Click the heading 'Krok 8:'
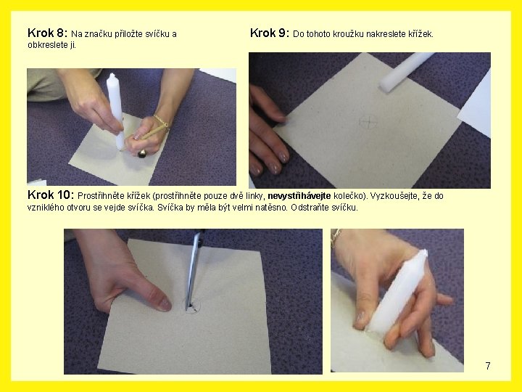click(x=48, y=33)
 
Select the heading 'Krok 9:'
click(x=270, y=33)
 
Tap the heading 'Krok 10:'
click(x=51, y=195)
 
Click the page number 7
click(x=488, y=366)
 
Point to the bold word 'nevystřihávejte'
click(x=299, y=196)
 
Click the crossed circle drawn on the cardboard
click(x=368, y=122)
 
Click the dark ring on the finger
click(x=143, y=154)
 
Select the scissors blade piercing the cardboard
click(x=193, y=271)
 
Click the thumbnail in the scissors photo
click(x=164, y=304)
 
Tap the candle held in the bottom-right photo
click(x=397, y=290)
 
